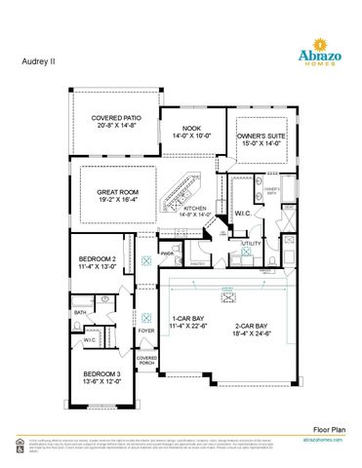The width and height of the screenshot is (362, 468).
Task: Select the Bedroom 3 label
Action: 101,374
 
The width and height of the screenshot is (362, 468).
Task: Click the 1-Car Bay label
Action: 188,319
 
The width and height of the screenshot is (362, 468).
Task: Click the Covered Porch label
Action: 146,361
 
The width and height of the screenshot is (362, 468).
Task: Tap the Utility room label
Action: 252,244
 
